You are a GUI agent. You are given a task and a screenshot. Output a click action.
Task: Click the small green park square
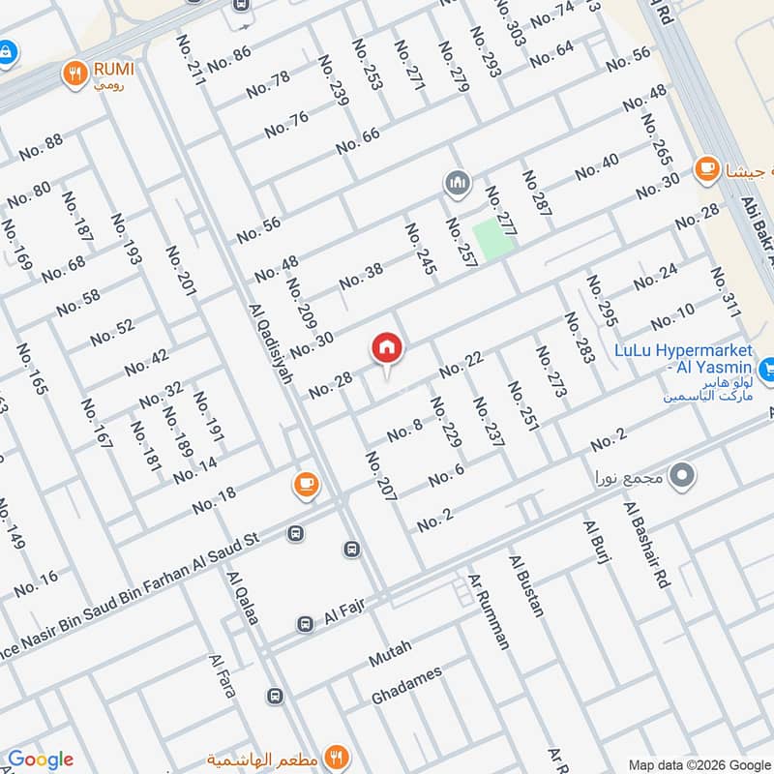(x=492, y=238)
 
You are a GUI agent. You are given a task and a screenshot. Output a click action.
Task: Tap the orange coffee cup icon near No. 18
(x=306, y=485)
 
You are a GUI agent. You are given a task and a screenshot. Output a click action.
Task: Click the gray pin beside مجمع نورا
(x=682, y=475)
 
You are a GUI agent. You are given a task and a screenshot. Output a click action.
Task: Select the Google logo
(x=41, y=759)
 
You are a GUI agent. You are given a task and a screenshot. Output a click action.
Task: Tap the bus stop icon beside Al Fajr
(x=305, y=624)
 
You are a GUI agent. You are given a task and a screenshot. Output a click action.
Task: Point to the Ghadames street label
(x=406, y=685)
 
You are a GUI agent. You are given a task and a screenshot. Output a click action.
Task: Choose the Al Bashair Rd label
(x=647, y=546)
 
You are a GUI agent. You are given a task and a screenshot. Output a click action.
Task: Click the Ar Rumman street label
(x=488, y=611)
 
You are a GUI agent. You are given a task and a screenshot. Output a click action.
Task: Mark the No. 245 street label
(x=419, y=250)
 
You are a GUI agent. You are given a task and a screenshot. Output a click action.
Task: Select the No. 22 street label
(x=461, y=366)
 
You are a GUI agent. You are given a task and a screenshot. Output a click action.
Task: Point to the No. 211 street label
(x=191, y=61)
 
